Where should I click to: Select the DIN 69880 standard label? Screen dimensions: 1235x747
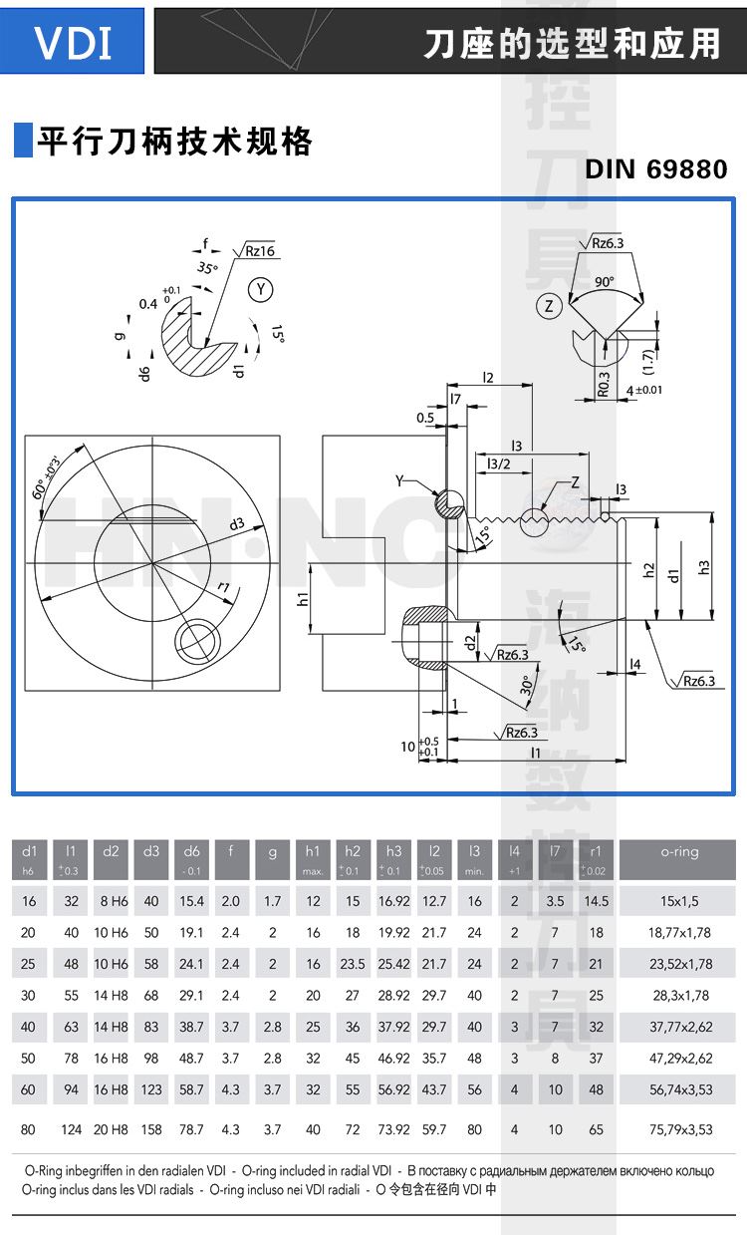point(655,169)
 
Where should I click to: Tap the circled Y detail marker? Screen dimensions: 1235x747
point(261,290)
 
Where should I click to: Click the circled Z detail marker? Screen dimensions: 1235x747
point(549,306)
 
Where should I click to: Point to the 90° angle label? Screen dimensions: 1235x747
point(606,282)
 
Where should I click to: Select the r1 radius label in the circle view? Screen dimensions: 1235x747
point(223,588)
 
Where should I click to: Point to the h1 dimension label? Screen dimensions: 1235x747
point(302,599)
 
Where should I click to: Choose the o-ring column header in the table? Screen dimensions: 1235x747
point(679,852)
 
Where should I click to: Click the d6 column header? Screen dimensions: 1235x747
point(191,852)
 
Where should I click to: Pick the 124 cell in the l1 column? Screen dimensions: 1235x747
point(71,1129)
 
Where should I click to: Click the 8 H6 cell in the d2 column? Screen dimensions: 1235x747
point(111,901)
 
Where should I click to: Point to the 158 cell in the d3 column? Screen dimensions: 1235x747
point(151,1129)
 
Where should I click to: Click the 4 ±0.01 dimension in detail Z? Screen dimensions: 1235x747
point(644,390)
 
